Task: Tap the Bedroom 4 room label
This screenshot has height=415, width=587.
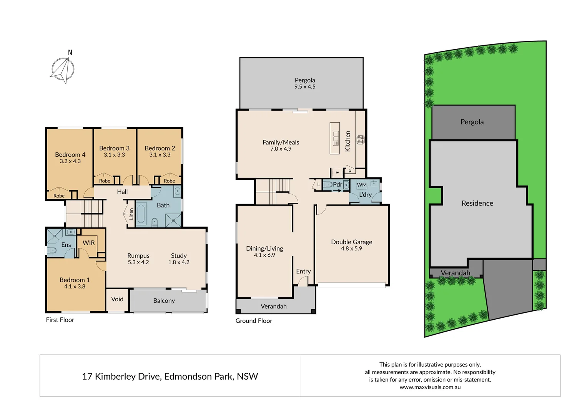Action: [70, 154]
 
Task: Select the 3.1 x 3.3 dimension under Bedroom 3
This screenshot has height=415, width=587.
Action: [114, 155]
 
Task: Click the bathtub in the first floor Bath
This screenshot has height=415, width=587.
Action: [141, 214]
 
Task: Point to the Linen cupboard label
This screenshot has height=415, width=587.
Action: [131, 214]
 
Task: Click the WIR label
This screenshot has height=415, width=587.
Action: [88, 242]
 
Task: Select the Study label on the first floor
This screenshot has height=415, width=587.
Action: [179, 256]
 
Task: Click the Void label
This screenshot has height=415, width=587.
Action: [117, 299]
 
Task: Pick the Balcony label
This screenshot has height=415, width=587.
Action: [164, 300]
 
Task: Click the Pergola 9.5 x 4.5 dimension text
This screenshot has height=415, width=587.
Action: [305, 87]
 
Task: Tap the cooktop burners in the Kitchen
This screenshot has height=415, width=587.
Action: [361, 139]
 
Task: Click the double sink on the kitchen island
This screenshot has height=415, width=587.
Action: [335, 136]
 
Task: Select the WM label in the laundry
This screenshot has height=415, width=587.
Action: [362, 185]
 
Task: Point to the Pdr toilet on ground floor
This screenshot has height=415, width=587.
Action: [328, 185]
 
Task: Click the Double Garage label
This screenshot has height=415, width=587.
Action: [351, 242]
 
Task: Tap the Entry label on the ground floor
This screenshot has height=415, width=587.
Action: [303, 271]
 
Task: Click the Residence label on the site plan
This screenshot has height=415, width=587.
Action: [477, 203]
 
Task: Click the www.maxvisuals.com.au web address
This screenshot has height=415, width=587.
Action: [430, 387]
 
